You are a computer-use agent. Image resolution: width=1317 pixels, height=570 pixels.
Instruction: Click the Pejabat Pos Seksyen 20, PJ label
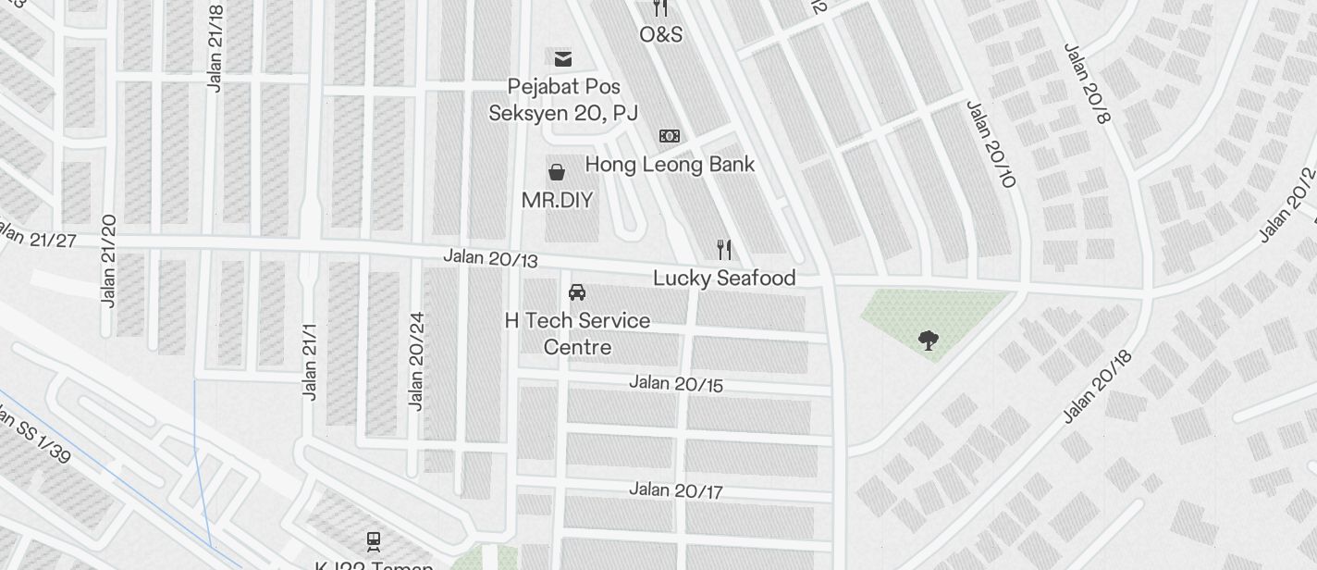[563, 100]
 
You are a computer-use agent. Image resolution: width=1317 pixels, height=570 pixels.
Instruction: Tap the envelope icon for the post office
[562, 59]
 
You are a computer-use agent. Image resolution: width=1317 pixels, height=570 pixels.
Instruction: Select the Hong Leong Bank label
[670, 165]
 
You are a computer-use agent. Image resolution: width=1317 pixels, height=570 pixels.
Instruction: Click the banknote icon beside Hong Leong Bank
[670, 136]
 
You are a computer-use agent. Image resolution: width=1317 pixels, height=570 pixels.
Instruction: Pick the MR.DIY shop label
[557, 200]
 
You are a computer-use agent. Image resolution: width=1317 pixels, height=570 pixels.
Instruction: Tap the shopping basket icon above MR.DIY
[557, 171]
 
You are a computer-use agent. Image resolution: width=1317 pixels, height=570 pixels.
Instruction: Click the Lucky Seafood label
[724, 278]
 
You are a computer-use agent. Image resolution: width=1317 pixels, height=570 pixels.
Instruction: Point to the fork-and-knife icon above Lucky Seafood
[724, 249]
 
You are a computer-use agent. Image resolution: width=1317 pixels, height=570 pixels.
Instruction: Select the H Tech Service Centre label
[577, 333]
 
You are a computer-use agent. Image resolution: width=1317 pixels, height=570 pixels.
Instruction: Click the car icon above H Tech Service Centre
[577, 292]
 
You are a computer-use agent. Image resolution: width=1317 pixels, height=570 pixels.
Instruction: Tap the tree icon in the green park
[928, 341]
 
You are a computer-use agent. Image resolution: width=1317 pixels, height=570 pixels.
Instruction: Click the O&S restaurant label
[660, 34]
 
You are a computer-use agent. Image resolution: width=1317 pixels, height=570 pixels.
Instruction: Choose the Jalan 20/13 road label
[490, 258]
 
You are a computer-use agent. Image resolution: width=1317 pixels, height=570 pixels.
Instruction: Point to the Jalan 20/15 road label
[676, 382]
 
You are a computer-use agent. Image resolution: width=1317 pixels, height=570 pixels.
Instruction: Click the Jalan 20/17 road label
[676, 489]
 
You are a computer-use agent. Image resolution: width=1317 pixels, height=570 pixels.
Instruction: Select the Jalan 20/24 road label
[416, 361]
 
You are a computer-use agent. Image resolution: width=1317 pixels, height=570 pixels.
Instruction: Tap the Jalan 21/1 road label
[310, 362]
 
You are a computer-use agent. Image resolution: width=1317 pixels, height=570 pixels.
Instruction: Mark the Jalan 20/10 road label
[991, 143]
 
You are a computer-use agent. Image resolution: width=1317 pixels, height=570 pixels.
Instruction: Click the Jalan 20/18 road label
[1097, 387]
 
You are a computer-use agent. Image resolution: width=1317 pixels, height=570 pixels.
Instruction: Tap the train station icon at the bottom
[374, 540]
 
